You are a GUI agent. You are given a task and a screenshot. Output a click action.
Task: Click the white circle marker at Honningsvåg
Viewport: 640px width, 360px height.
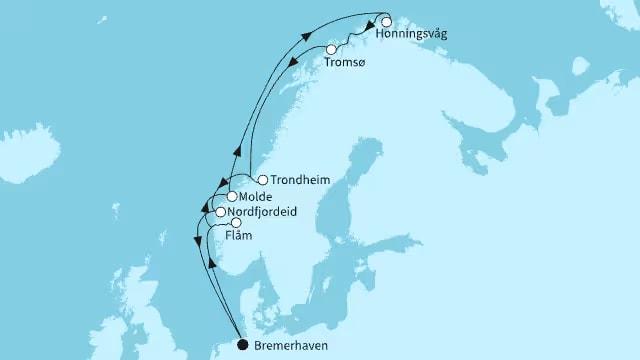click(x=386, y=20)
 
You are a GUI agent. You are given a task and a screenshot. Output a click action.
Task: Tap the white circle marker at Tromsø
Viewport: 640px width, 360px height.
click(x=331, y=49)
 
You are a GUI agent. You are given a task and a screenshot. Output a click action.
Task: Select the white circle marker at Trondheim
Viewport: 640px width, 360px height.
click(x=262, y=181)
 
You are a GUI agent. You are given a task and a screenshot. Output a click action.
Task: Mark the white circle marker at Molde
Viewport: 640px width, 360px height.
click(x=231, y=198)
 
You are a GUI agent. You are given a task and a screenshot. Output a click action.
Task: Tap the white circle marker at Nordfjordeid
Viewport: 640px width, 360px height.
click(x=220, y=212)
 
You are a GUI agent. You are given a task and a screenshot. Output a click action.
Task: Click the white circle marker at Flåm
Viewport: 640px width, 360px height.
click(x=236, y=224)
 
